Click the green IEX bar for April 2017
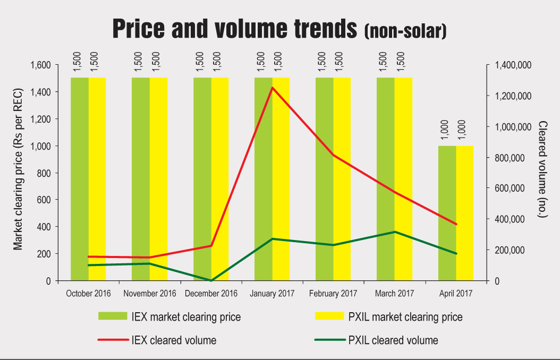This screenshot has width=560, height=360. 447,212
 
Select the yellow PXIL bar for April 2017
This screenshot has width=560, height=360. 464,212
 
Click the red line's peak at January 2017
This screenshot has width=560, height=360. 272,88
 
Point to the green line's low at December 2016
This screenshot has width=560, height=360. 211,280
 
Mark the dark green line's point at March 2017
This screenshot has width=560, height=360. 395,232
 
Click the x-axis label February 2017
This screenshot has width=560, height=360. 334,294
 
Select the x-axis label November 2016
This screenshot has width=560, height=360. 150,294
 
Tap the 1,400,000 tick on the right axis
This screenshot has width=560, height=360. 512,65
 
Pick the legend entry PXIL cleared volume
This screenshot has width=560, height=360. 393,340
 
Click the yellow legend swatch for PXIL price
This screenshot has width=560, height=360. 329,316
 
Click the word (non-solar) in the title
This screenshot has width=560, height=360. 405,31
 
